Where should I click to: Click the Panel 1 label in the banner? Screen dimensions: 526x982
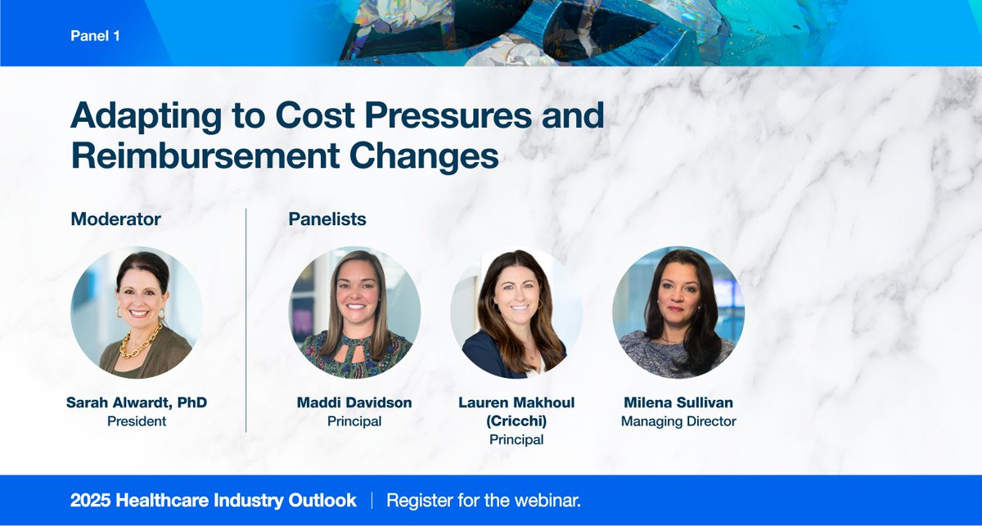click(x=96, y=37)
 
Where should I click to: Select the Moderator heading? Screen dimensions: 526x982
click(x=115, y=219)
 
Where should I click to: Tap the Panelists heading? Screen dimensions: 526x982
click(x=327, y=219)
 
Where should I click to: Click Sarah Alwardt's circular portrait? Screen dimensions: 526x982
click(x=137, y=312)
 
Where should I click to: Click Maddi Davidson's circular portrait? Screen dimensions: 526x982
click(x=354, y=312)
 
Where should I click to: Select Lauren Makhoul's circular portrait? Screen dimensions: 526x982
click(x=516, y=312)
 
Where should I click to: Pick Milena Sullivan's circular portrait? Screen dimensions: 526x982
click(x=678, y=312)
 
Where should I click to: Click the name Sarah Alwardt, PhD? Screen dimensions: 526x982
click(x=137, y=403)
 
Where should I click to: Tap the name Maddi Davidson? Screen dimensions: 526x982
click(x=354, y=403)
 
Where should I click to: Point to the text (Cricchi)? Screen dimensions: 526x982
click(x=516, y=421)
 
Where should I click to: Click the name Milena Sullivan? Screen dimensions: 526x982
click(x=678, y=403)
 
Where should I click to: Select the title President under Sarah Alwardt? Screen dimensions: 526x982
click(x=137, y=422)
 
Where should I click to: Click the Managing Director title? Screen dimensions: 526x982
click(x=678, y=422)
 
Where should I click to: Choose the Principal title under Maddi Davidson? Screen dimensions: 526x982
click(x=354, y=422)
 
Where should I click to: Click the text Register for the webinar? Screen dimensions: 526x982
click(x=484, y=501)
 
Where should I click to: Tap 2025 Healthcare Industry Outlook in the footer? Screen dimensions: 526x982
click(x=214, y=501)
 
